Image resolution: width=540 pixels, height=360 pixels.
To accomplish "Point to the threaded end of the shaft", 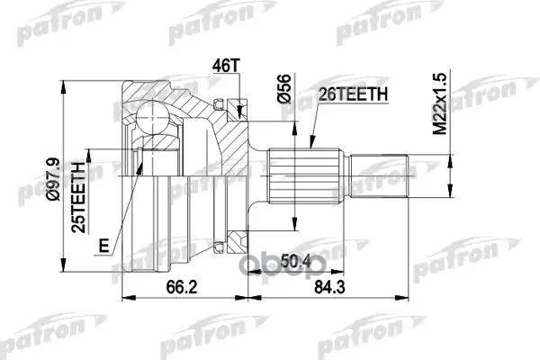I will coord(380,176).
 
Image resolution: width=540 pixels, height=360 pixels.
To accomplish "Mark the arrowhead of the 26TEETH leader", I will coord(309,144).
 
